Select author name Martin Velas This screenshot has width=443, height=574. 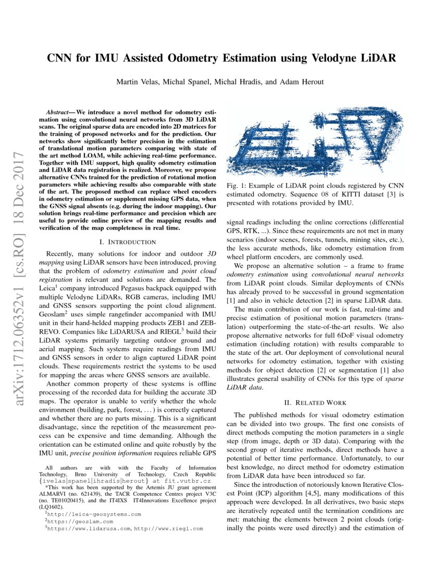click(x=138, y=81)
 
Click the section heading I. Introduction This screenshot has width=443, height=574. click(x=127, y=242)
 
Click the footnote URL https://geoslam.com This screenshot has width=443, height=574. click(x=81, y=521)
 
